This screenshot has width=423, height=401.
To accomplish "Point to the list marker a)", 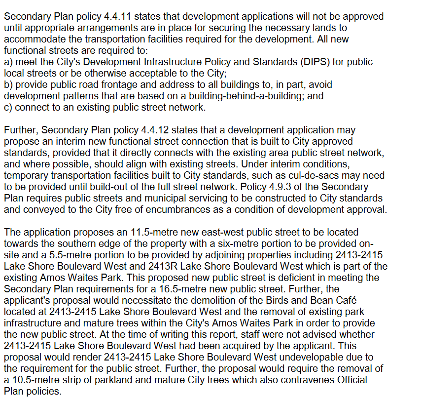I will click(x=8, y=62).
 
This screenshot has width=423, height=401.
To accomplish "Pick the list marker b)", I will click(x=8, y=84).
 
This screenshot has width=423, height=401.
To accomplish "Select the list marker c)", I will click(x=8, y=107).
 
